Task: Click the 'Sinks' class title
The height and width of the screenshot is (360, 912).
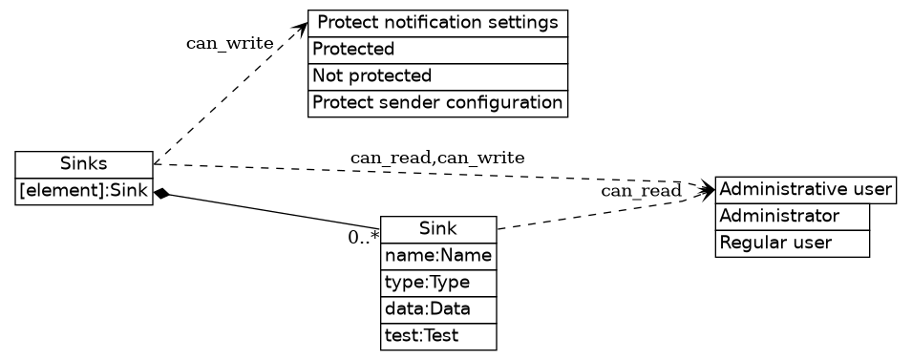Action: point(84,164)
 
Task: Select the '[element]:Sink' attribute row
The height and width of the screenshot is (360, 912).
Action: point(84,191)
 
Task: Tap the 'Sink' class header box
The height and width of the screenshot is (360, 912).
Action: point(438,229)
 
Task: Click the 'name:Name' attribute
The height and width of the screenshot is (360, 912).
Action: point(438,256)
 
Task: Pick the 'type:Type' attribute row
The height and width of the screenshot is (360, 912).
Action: point(438,283)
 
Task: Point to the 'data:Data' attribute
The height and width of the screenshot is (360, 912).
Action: point(438,309)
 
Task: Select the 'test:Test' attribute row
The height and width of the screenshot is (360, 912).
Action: point(438,336)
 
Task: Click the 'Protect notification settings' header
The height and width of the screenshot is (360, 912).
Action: point(437,23)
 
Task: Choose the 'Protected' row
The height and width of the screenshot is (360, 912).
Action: point(437,50)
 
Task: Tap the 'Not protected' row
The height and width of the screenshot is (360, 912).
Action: point(437,76)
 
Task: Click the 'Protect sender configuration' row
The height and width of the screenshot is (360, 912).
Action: point(437,103)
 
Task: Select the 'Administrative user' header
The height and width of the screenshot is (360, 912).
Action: point(805,190)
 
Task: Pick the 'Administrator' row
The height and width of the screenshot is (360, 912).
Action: point(793,217)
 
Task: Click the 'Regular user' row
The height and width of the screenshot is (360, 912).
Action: point(793,244)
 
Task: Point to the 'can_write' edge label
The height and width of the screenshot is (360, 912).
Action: point(229,43)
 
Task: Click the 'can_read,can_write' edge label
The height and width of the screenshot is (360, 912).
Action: point(437,158)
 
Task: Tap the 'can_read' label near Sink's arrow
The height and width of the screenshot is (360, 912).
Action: point(641,192)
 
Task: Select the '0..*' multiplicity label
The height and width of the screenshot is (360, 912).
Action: point(363,238)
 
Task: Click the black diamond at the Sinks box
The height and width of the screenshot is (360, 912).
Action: point(162,194)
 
